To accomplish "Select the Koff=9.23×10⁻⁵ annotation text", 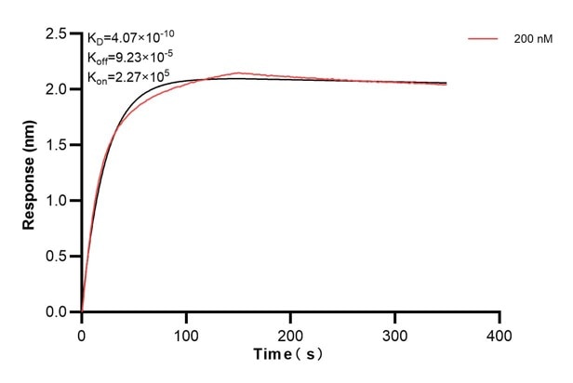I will click(131, 58).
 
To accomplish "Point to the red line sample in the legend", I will click(486, 40).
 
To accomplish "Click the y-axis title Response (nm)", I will click(30, 173).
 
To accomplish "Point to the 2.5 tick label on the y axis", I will click(56, 34).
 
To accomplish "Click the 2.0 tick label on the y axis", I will click(56, 89).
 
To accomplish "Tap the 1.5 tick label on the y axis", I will click(56, 145).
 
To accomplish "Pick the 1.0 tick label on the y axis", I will click(56, 201).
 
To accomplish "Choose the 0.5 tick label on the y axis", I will click(56, 257).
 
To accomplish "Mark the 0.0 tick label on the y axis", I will click(56, 312).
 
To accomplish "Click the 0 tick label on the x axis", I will click(82, 332).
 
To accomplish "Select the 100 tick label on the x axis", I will click(186, 332).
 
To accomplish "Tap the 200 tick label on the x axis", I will click(291, 332).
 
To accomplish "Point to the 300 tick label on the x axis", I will click(395, 332).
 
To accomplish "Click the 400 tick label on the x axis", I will click(500, 332).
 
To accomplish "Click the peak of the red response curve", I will click(239, 73).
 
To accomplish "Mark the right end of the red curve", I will click(446, 85).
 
